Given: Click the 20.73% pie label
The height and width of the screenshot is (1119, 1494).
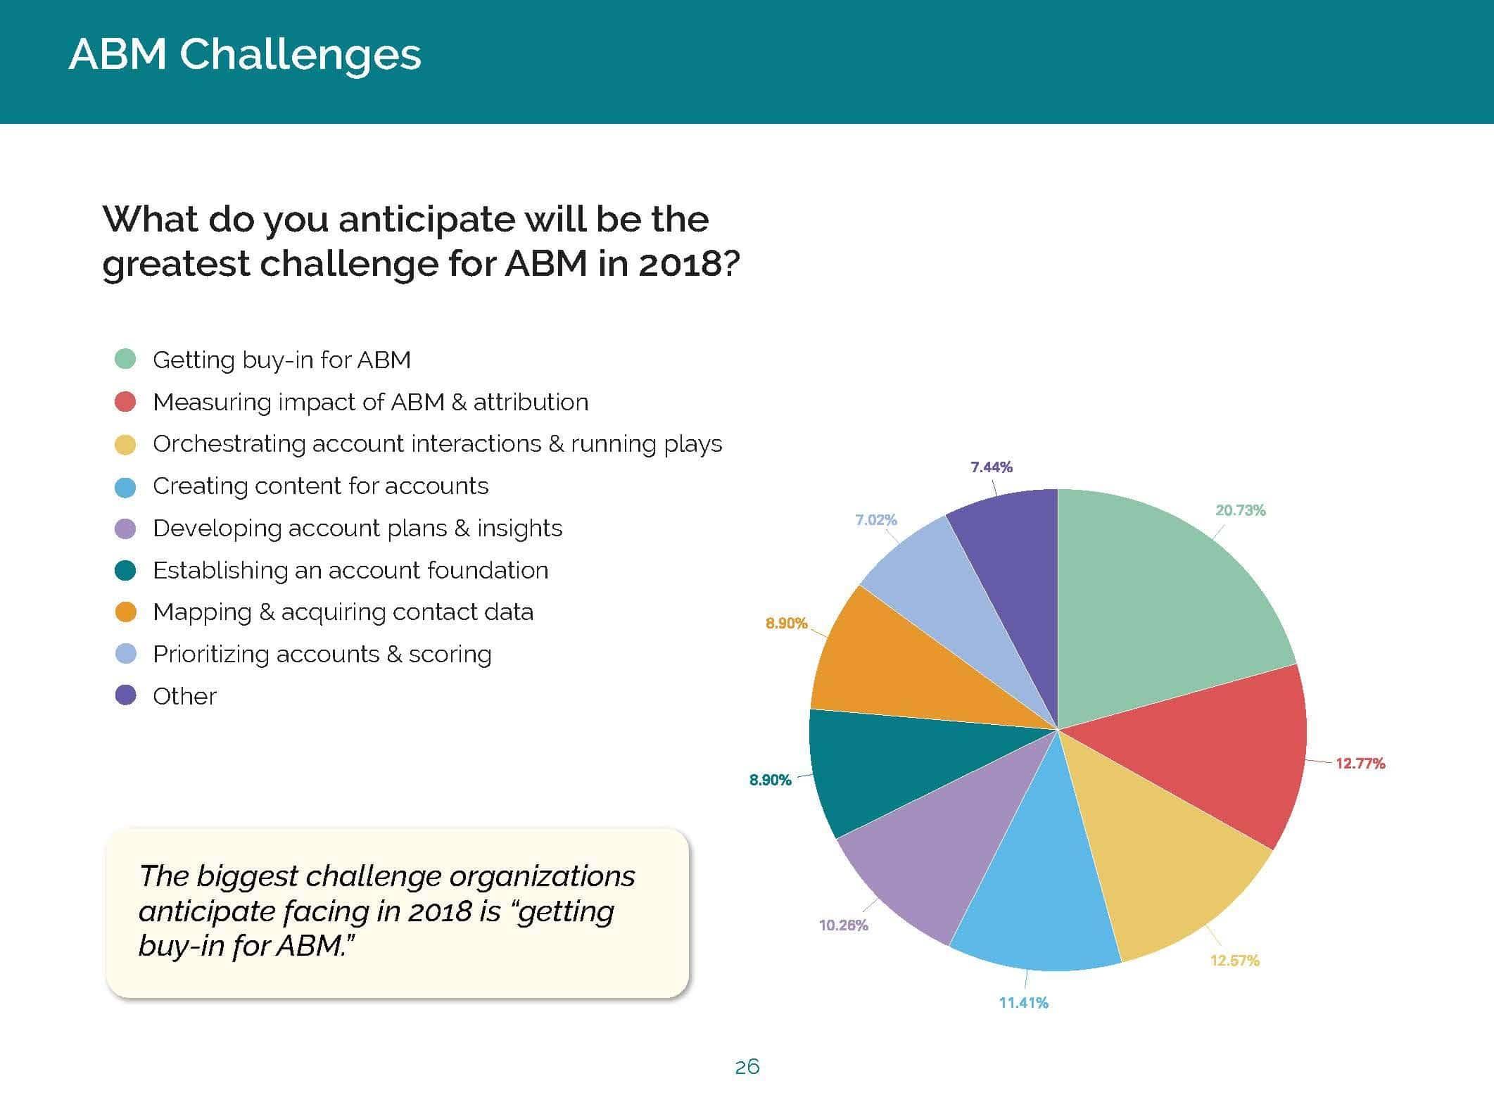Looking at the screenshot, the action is click(1240, 510).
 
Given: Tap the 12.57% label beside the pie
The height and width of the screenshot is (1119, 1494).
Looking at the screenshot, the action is click(1234, 961).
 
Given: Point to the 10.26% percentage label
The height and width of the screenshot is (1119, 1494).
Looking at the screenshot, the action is click(843, 925).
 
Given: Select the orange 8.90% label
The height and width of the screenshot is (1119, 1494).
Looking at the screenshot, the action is click(787, 623).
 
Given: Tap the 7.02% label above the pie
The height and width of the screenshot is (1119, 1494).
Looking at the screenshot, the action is click(875, 520).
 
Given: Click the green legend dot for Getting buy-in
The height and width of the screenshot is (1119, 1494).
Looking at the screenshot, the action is click(125, 359).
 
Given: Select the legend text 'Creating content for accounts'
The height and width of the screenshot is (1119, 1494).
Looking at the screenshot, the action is click(320, 486).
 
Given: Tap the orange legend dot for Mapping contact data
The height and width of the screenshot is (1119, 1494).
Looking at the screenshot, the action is click(125, 612).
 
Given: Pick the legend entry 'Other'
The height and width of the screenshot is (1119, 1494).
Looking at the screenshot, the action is click(184, 696).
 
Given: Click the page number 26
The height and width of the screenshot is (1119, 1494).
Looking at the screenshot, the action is click(747, 1068).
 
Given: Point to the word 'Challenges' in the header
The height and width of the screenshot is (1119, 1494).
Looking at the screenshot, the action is click(300, 55).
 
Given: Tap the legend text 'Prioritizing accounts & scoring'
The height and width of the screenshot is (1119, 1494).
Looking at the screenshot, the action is click(322, 655).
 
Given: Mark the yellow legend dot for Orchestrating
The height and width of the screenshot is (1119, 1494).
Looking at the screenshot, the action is click(125, 443).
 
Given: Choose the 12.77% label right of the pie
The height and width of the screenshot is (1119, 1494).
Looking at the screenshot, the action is click(1360, 764).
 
